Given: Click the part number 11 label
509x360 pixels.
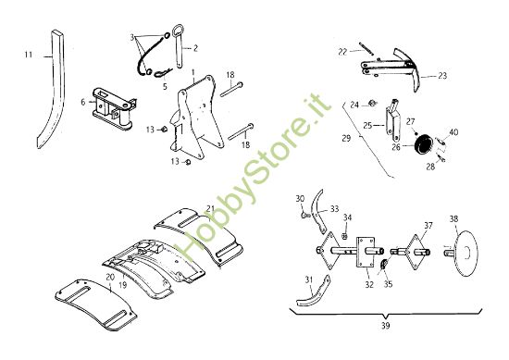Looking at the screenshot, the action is [29, 55].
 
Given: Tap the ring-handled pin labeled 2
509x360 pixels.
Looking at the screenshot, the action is [179, 45].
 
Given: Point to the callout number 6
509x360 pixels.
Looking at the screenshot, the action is [83, 102].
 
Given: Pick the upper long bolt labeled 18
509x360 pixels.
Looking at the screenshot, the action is [231, 89].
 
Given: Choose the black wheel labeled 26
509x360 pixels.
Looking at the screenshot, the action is [422, 143].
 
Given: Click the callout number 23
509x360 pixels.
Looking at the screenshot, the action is [442, 76].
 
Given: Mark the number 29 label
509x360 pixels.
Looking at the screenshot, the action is [346, 138].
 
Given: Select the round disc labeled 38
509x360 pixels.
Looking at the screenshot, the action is [466, 254].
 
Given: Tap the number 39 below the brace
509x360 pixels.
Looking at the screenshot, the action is [385, 325].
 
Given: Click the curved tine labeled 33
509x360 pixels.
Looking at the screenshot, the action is [317, 211].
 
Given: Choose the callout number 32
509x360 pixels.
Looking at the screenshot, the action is [369, 284].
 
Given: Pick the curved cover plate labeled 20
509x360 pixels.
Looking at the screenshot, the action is [95, 304].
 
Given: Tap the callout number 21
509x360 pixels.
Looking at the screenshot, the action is [210, 208].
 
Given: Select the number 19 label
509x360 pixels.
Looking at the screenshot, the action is [123, 285].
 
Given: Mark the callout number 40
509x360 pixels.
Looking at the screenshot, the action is [453, 132].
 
